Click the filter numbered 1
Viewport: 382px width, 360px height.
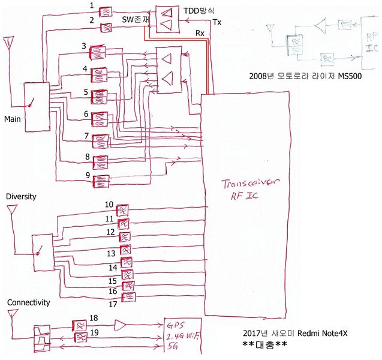coord(106,11)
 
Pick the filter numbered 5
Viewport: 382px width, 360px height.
coord(98,96)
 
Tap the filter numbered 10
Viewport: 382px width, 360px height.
coord(124,210)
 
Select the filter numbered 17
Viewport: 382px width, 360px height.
coord(129,297)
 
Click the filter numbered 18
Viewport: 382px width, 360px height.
coord(80,325)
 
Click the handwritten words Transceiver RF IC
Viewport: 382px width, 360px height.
coord(246,189)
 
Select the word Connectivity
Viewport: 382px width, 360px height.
coord(28,302)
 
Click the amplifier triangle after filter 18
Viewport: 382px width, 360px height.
coord(120,325)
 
